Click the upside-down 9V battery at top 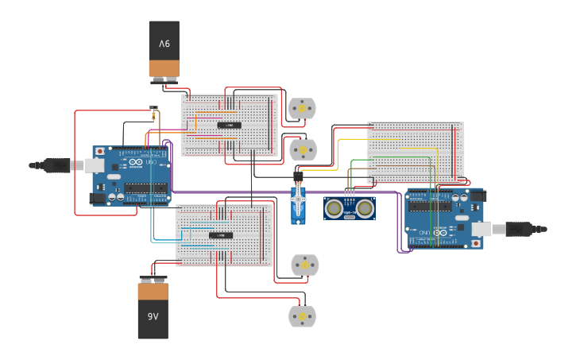click(164, 49)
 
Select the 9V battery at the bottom click(153, 308)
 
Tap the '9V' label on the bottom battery click(153, 316)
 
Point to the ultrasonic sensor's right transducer click(365, 208)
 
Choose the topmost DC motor click(301, 108)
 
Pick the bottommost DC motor click(301, 316)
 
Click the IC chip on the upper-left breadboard click(229, 125)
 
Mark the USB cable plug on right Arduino click(520, 229)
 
